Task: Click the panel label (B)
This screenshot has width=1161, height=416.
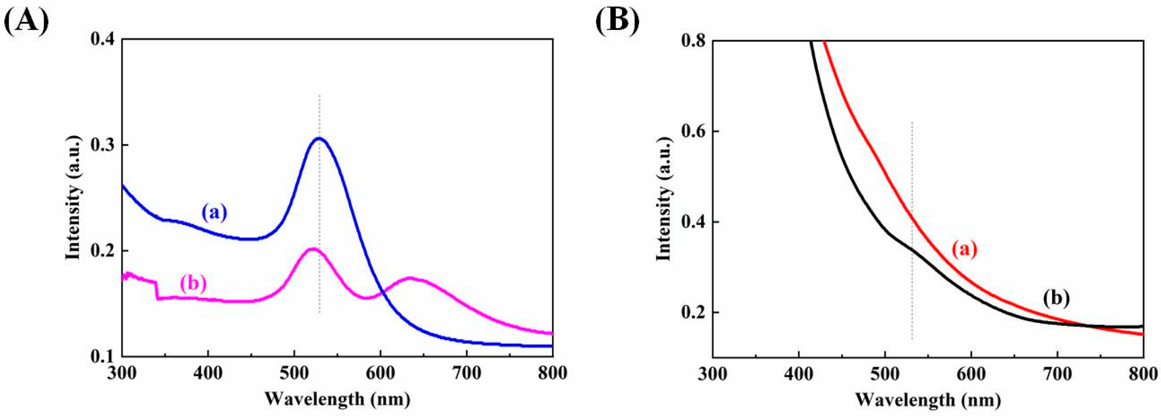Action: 617,20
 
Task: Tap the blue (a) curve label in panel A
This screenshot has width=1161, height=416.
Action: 215,212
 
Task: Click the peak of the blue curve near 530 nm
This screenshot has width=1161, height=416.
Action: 319,139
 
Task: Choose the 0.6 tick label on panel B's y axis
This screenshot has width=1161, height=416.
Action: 692,132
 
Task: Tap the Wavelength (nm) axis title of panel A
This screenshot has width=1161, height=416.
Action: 337,399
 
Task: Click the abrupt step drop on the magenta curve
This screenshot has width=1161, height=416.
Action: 156,289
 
